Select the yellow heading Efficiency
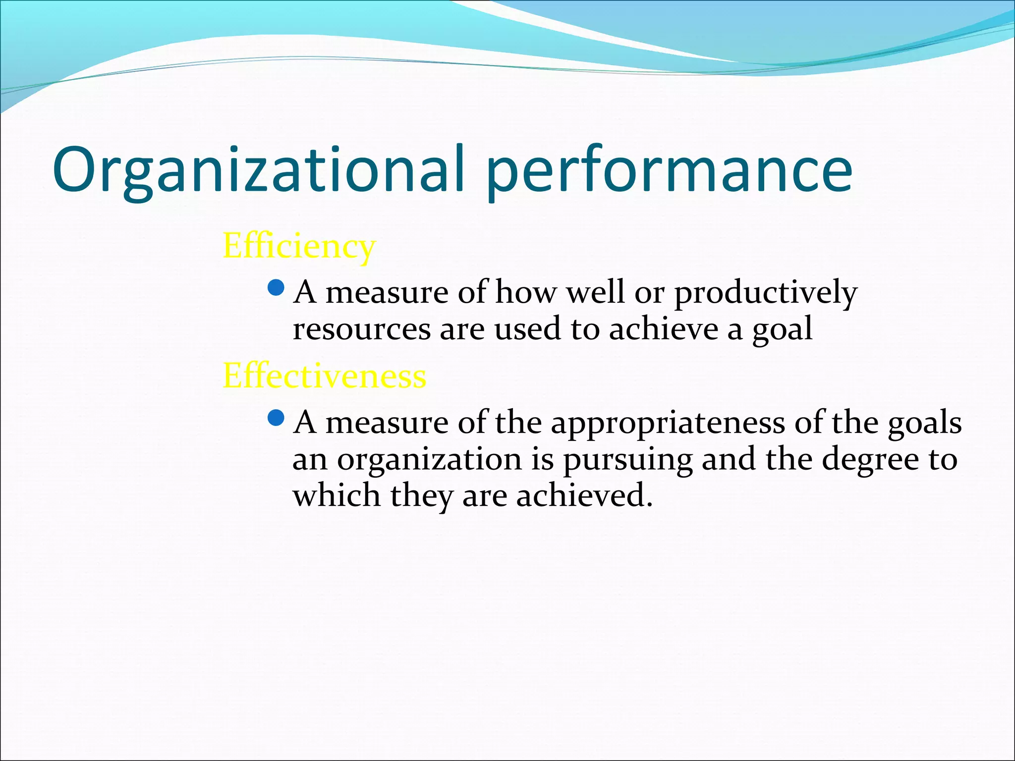(299, 246)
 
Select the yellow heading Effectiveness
(324, 376)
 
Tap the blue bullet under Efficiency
(276, 287)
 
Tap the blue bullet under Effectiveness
(276, 419)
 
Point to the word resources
(362, 329)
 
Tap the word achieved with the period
(584, 495)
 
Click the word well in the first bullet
(595, 292)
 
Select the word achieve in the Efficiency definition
(664, 329)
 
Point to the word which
(336, 495)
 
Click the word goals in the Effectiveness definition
(924, 424)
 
